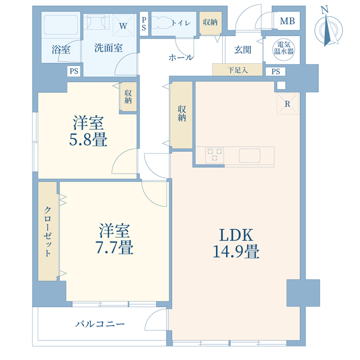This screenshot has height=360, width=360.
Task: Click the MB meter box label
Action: point(287,21)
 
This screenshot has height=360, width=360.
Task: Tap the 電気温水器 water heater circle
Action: point(283,49)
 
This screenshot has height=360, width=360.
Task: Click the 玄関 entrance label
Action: point(242,50)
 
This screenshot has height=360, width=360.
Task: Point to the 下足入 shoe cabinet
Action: point(237,70)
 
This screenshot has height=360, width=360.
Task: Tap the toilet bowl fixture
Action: point(161,22)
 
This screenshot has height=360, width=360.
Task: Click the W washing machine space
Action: point(123,25)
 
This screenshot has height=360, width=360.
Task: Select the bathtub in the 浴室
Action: point(61,25)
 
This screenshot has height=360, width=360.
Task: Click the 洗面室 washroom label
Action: point(109,48)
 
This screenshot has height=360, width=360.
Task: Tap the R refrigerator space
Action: point(287,103)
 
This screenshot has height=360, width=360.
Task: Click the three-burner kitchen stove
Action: point(214,155)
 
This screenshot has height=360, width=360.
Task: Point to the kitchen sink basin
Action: point(250,155)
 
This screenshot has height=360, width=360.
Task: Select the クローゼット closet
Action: point(47,231)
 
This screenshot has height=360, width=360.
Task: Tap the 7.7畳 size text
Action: point(114,247)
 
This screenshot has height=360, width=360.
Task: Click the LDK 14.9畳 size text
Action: point(236,243)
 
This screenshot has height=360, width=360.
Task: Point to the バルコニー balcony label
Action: point(100,324)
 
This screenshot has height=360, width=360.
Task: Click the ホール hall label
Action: point(181,57)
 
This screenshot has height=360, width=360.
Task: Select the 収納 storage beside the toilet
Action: point(210,22)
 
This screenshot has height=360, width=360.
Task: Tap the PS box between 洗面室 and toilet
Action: point(144,24)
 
